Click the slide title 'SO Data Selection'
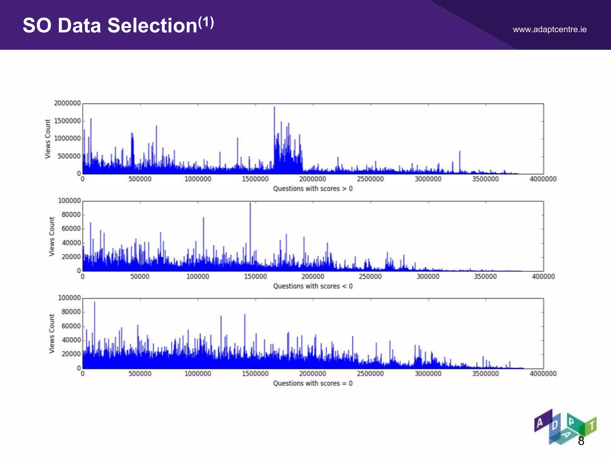click(110, 26)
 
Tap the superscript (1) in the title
click(206, 23)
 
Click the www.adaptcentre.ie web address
click(550, 30)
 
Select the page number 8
click(581, 441)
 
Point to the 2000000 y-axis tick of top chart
click(67, 103)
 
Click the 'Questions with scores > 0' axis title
click(313, 189)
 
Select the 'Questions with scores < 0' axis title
click(313, 286)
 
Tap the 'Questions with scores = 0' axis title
click(313, 383)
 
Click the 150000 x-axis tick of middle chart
click(255, 277)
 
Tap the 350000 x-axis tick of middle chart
click(485, 277)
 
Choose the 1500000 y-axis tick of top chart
click(67, 121)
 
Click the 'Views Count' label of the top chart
click(48, 139)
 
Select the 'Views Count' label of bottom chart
click(52, 333)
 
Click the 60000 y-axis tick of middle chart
click(71, 229)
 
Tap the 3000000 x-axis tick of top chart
click(428, 179)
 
